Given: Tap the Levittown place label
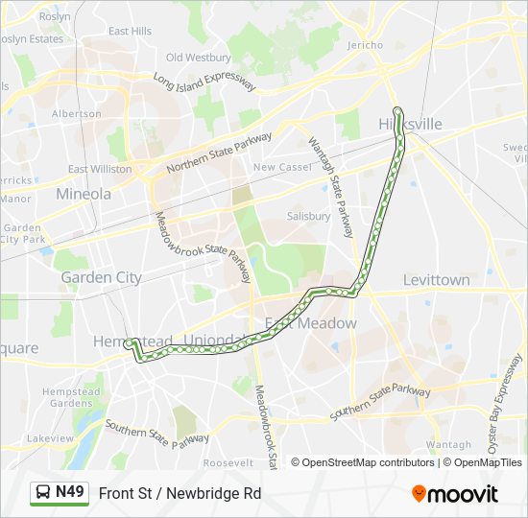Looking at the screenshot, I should pyautogui.click(x=437, y=280).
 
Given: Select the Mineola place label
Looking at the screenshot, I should pyautogui.click(x=84, y=194).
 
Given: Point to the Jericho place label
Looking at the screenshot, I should pyautogui.click(x=364, y=46).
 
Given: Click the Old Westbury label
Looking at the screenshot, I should pyautogui.click(x=199, y=58).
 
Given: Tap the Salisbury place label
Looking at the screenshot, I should pyautogui.click(x=308, y=217).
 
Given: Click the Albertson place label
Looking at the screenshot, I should pyautogui.click(x=77, y=113).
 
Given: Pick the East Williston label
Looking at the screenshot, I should pyautogui.click(x=100, y=169).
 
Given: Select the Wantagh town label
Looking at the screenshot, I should pyautogui.click(x=448, y=445).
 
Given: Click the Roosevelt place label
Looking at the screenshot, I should pyautogui.click(x=228, y=462).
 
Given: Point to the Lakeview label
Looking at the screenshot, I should pyautogui.click(x=50, y=438).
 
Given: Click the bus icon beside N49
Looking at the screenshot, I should pyautogui.click(x=42, y=493).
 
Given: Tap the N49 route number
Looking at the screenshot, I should pyautogui.click(x=69, y=493).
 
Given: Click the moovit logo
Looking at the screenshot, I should pyautogui.click(x=455, y=494).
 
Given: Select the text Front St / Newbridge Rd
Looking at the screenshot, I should pyautogui.click(x=180, y=494).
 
